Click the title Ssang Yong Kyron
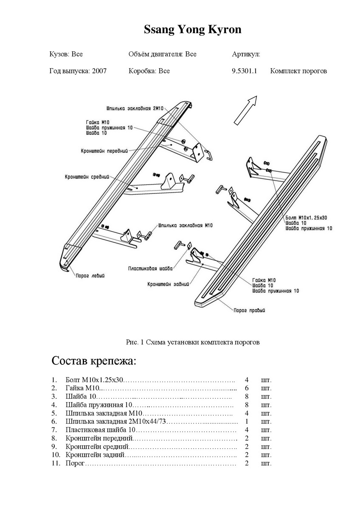click(x=192, y=30)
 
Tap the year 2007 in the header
click(x=99, y=71)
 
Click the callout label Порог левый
click(x=90, y=276)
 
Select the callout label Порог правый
click(x=249, y=310)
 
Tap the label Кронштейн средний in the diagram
click(x=87, y=176)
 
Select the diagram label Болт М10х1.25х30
click(x=307, y=217)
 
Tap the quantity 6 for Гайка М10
click(x=247, y=388)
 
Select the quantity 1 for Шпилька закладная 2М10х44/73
click(x=247, y=422)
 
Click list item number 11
click(x=54, y=463)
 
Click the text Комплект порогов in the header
click(x=298, y=71)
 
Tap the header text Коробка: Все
click(x=149, y=71)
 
